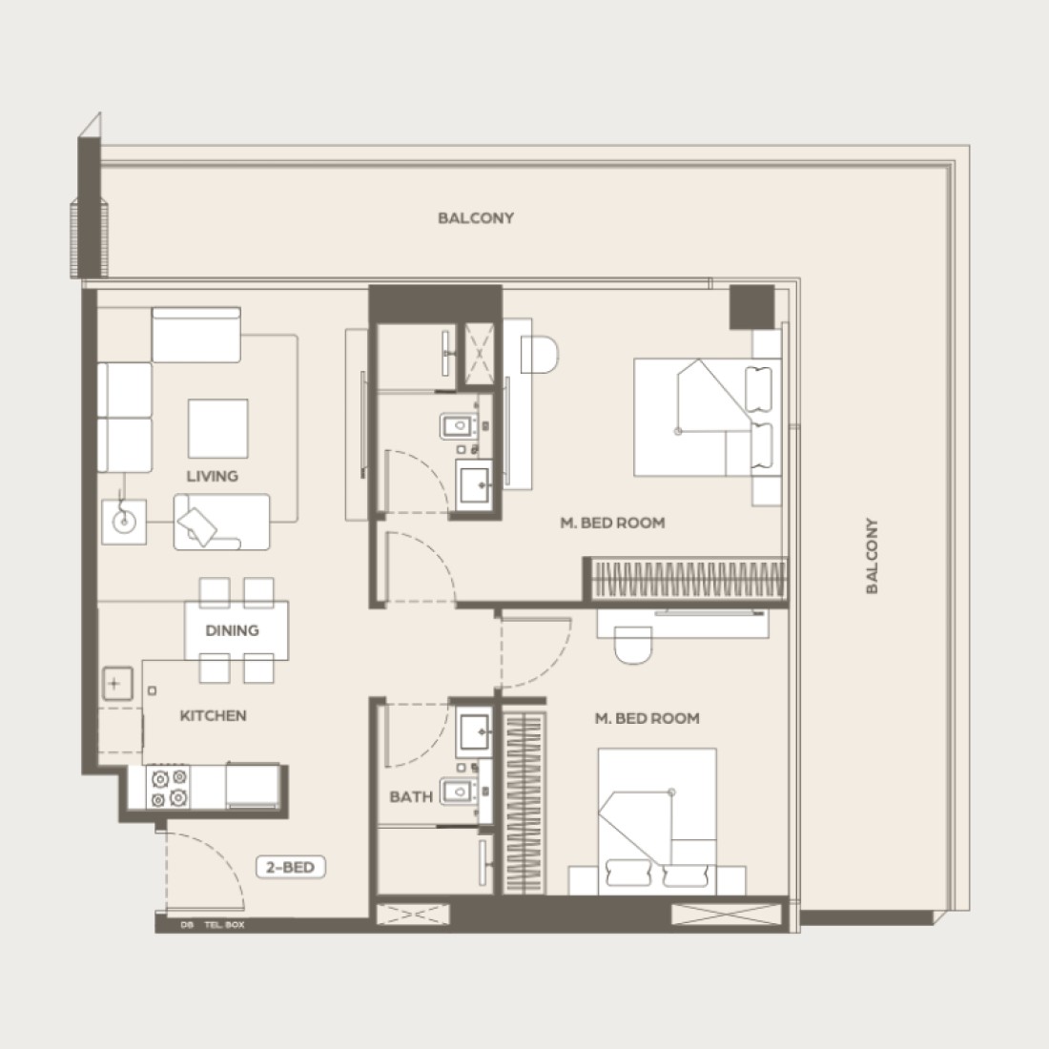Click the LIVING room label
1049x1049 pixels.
coord(212,476)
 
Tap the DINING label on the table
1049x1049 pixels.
coord(232,630)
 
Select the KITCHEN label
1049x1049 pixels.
coord(214,716)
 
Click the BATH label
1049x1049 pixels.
coord(411,797)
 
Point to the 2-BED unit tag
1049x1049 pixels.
coord(290,867)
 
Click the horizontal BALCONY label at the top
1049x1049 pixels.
coord(476,218)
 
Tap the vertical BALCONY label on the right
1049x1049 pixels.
coord(871,555)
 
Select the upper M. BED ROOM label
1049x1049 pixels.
coord(613,524)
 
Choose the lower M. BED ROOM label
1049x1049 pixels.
coord(647,718)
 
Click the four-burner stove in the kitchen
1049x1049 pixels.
coord(169,788)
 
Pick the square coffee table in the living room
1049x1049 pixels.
coord(218,429)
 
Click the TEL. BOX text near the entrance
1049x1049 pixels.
coord(225,925)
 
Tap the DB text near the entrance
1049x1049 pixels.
coord(187,925)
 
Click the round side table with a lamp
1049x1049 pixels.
coord(124,521)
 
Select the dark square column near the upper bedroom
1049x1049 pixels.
coord(752,307)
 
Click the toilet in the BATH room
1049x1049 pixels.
coord(458,792)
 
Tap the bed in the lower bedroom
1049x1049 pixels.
coord(657,821)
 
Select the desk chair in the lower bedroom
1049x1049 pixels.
coord(633,646)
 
